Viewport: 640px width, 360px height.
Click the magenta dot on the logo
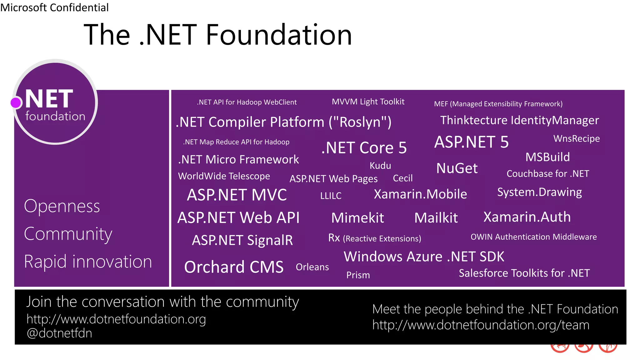point(16,102)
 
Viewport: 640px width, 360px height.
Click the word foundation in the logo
point(55,116)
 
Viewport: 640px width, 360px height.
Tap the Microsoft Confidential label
point(54,7)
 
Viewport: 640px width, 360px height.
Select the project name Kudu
point(380,166)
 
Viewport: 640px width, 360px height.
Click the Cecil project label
point(402,178)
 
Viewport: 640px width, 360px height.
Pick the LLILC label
point(331,196)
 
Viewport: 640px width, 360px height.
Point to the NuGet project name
point(457,168)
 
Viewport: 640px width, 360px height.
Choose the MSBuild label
point(547,157)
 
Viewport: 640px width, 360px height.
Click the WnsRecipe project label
point(577,138)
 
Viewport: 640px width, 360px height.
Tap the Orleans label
point(312,267)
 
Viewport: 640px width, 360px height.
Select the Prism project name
point(358,275)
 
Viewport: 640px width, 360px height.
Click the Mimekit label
point(357,217)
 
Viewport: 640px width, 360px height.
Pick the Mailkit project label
point(436,217)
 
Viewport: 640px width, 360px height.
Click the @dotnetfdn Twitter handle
point(59,333)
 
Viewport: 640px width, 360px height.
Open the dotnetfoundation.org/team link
point(481,325)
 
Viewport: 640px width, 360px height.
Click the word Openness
point(62,206)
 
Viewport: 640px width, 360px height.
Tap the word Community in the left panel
point(68,234)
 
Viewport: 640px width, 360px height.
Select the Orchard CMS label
point(234,267)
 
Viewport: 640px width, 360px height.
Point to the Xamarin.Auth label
point(527,217)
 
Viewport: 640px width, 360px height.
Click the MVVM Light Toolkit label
point(368,102)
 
